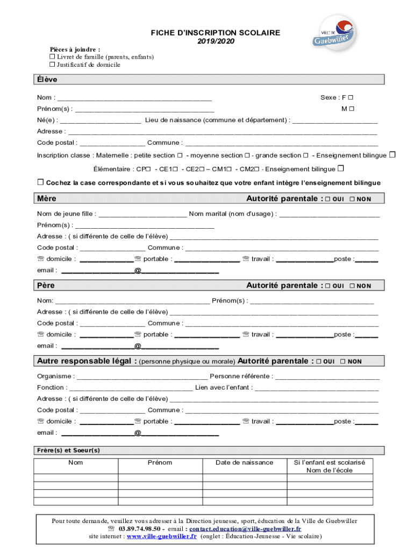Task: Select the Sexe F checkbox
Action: (x=351, y=97)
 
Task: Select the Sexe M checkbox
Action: (x=351, y=109)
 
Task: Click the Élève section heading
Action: (x=47, y=80)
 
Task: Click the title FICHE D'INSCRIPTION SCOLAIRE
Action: (x=216, y=33)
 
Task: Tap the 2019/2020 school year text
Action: (x=216, y=41)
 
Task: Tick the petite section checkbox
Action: (x=180, y=156)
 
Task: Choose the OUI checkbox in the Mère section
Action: (x=327, y=199)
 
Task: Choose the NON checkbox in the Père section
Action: (x=352, y=286)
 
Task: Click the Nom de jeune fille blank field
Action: (x=142, y=214)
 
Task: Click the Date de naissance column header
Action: (x=244, y=463)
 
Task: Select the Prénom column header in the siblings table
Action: (x=160, y=463)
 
